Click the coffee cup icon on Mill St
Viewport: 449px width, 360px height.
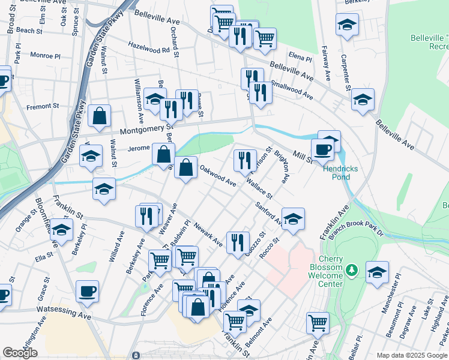[x=322, y=149]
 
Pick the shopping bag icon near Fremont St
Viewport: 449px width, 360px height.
[x=100, y=116]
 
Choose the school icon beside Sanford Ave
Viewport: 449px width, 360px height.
[x=293, y=219]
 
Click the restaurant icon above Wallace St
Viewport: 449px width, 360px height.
[x=244, y=160]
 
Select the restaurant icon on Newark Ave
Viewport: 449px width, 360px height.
[x=238, y=242]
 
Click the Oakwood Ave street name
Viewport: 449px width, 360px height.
[x=217, y=175]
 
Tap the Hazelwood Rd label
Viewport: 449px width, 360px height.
[x=149, y=48]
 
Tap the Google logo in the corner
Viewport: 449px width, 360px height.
[x=20, y=353]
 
